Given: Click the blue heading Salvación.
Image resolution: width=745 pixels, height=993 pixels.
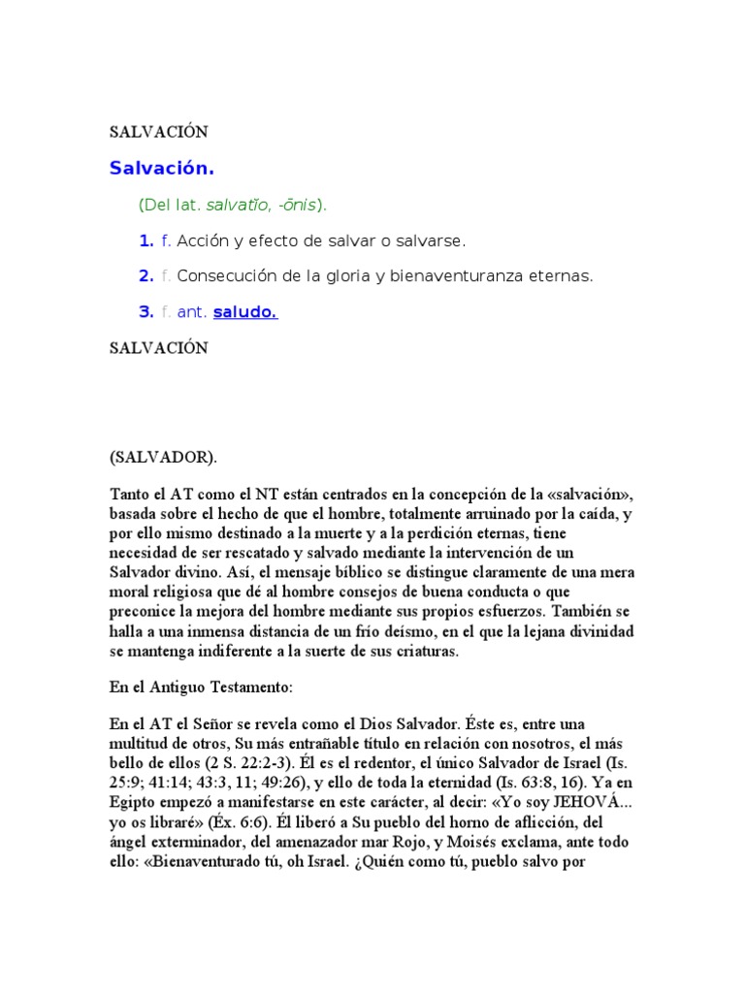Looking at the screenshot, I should click(x=161, y=169).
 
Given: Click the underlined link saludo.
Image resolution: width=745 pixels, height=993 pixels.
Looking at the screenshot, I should click(x=245, y=312).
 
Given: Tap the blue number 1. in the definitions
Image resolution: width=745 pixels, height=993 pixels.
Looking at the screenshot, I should click(x=146, y=240).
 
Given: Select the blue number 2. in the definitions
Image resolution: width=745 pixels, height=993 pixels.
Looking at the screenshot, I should click(x=146, y=276).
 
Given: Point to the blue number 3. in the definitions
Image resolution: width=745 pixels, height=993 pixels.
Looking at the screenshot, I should click(x=146, y=312).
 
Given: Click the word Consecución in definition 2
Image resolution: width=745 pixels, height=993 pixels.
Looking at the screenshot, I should click(x=225, y=276).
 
